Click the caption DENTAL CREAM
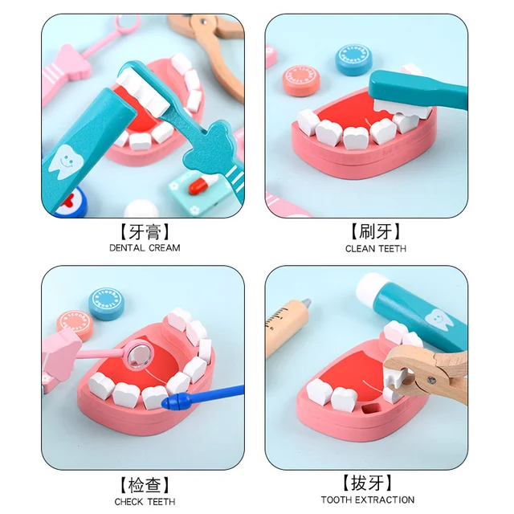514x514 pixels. click(x=145, y=248)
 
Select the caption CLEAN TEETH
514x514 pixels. click(x=375, y=248)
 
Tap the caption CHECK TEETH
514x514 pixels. click(x=145, y=502)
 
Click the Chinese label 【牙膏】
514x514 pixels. click(x=145, y=232)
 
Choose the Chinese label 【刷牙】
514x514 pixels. click(x=375, y=232)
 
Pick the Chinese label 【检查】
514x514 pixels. click(x=145, y=484)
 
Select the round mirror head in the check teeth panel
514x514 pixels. click(x=137, y=351)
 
